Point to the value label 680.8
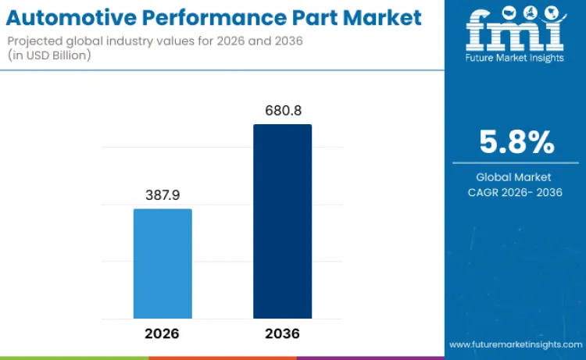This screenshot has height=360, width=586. (282, 111)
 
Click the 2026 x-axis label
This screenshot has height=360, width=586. (163, 333)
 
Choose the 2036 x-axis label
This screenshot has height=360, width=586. (282, 333)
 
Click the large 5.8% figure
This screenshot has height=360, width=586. (516, 143)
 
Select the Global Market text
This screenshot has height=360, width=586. (516, 177)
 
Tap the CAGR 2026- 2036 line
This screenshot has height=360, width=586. (516, 193)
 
